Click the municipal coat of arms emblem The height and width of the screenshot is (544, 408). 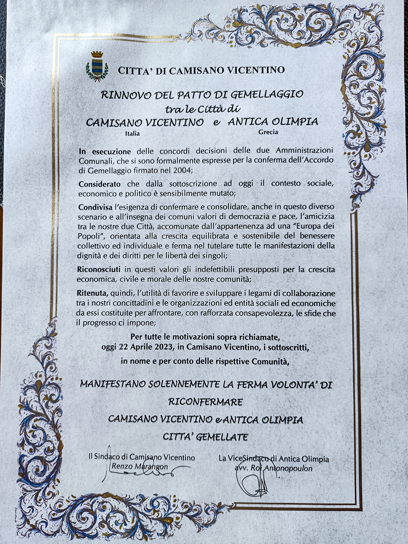tap(97, 66)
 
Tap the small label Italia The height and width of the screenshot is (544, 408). tap(132, 134)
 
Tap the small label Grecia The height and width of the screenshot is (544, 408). tap(268, 132)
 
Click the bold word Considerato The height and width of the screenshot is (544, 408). tap(99, 185)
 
